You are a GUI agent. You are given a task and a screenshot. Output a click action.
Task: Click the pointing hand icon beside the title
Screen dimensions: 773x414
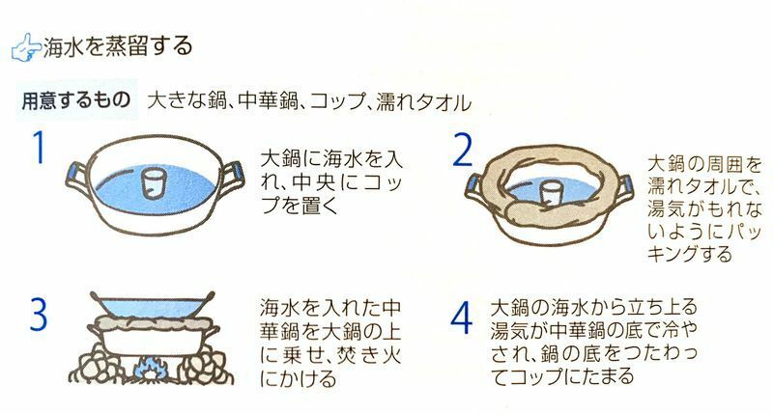tap(26, 47)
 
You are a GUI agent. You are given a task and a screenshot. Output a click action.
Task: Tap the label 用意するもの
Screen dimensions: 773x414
tap(76, 100)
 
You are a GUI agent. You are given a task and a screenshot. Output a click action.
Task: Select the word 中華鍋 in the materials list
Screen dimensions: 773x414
tap(268, 101)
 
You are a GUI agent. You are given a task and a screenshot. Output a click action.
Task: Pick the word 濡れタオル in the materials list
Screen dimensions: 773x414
tap(423, 102)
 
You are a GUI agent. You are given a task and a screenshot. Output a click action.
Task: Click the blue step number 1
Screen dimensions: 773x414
tap(39, 148)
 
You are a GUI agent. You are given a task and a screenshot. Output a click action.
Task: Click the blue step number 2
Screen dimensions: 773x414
tap(462, 150)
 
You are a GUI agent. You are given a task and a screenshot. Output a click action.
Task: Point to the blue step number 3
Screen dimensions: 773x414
tap(39, 314)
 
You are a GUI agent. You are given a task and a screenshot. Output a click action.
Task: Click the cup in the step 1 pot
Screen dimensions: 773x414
tap(153, 183)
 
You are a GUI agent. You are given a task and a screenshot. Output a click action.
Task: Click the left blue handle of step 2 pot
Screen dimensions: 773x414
tap(472, 183)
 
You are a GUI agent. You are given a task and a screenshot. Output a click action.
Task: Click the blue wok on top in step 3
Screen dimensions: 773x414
tap(153, 306)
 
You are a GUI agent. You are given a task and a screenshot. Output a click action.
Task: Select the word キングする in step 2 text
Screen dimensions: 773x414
tap(690, 254)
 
